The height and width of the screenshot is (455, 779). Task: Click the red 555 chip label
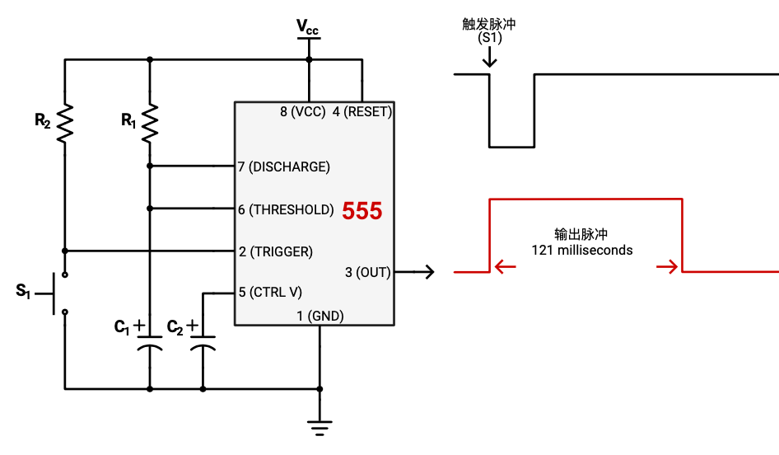point(362,211)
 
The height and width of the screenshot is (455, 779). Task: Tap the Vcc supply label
point(308,28)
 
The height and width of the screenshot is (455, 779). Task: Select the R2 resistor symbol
point(65,123)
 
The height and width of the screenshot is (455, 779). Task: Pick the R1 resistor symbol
point(149,123)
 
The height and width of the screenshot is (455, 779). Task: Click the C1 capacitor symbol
point(149,342)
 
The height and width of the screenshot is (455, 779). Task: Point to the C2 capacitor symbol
point(202,342)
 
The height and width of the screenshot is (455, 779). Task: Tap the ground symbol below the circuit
point(320,427)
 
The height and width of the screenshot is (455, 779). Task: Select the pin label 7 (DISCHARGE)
point(284,167)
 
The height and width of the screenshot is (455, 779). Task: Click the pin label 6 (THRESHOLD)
point(286,209)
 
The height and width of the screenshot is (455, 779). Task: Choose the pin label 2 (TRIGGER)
point(275,251)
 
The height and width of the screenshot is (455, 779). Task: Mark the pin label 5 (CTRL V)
point(270,292)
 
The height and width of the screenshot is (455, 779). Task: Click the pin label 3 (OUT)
point(367,272)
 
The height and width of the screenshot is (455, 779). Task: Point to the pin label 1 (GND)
point(320,316)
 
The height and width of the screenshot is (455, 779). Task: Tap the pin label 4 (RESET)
point(362,111)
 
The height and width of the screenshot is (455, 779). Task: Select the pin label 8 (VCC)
point(302,111)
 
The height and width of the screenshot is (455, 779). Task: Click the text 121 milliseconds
point(582,250)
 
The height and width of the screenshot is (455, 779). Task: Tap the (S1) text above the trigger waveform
point(489,38)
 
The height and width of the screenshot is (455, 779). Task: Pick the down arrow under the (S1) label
point(490,58)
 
